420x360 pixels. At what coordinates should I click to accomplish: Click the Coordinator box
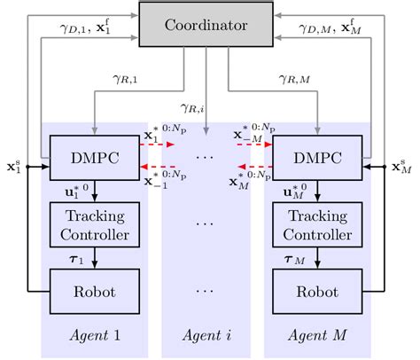point(206,26)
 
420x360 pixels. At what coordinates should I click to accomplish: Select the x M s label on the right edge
point(403,166)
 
